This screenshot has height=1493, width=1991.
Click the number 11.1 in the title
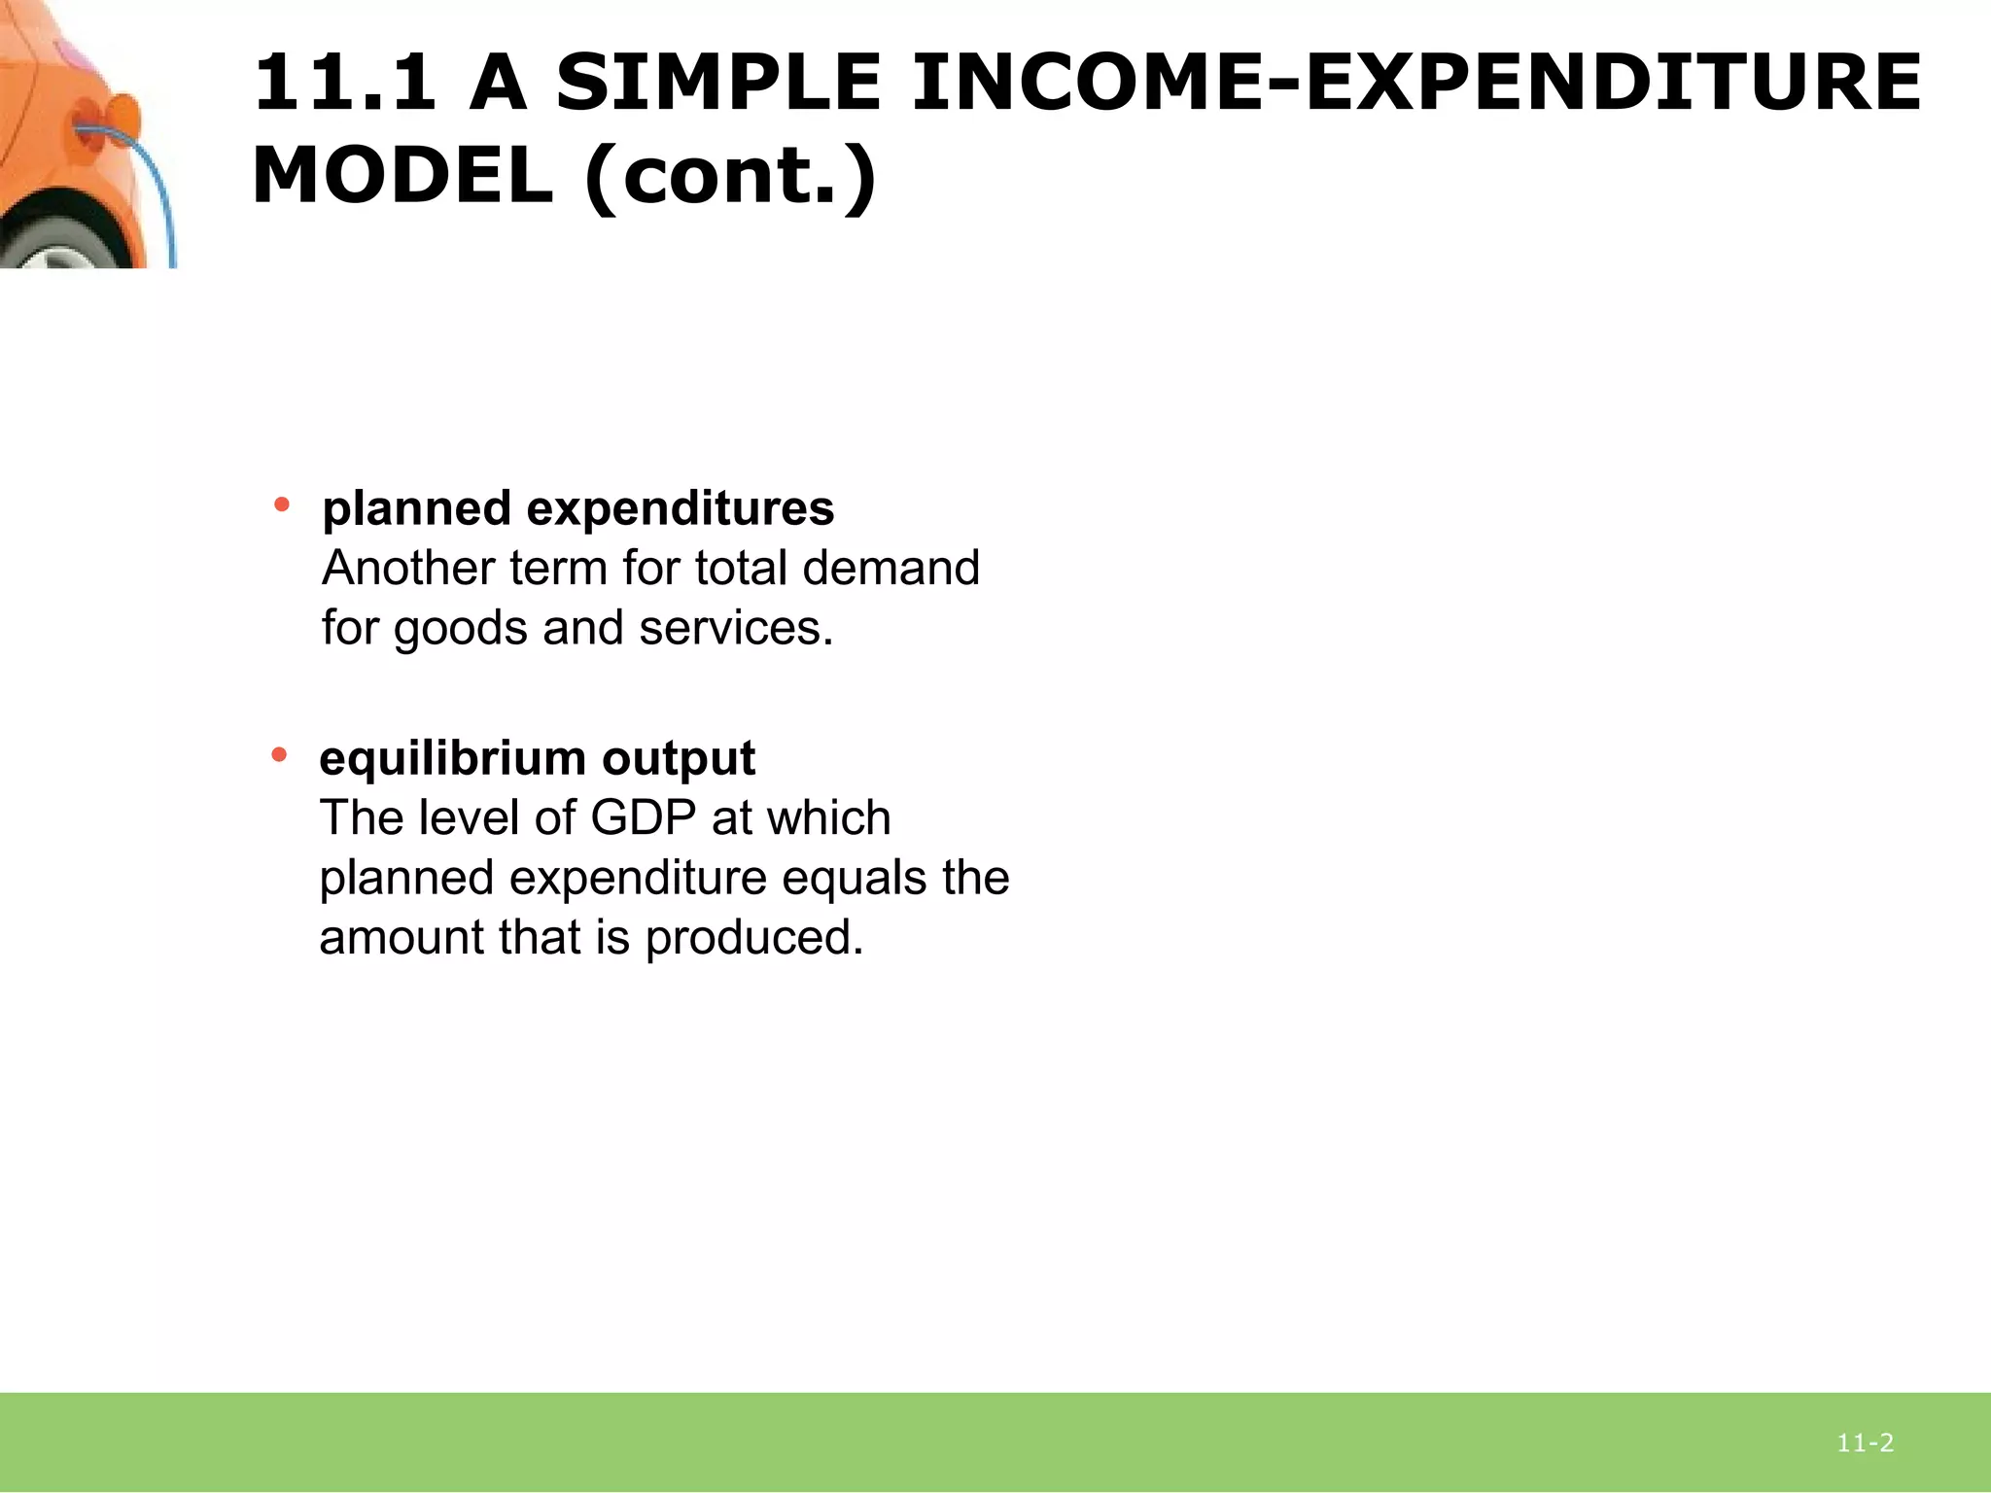(344, 84)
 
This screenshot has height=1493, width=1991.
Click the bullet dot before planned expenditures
(282, 503)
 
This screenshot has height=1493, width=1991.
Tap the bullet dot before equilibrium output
(280, 753)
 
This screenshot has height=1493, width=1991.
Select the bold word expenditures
(680, 508)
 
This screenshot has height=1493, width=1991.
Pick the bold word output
(678, 758)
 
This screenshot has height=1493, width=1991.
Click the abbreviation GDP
(643, 817)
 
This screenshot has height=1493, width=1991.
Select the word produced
(754, 938)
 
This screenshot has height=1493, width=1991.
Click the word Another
(408, 568)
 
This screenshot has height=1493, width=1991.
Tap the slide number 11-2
(1865, 1443)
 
